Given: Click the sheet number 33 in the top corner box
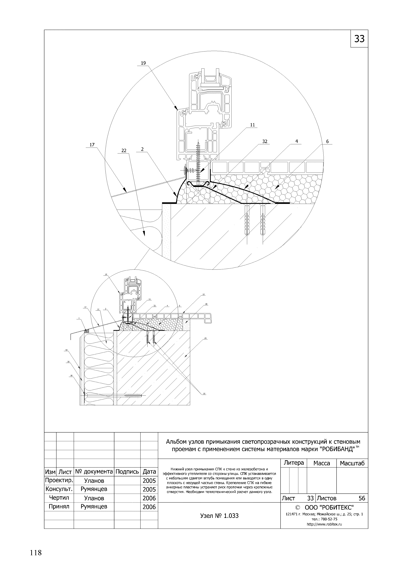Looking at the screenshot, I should point(359,39).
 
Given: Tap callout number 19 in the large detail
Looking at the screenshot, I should point(143,63).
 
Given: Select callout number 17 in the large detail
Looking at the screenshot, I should point(92,145).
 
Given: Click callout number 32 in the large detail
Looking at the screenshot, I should point(265,142).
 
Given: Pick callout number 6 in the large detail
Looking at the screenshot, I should point(327,142).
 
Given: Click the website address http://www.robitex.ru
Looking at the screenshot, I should point(324,525).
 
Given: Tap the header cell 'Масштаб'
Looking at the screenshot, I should point(352,463).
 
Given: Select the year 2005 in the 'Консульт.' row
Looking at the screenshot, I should point(149,489).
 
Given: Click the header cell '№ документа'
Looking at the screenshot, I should point(94,472).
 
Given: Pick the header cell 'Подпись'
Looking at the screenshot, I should point(127,472).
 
